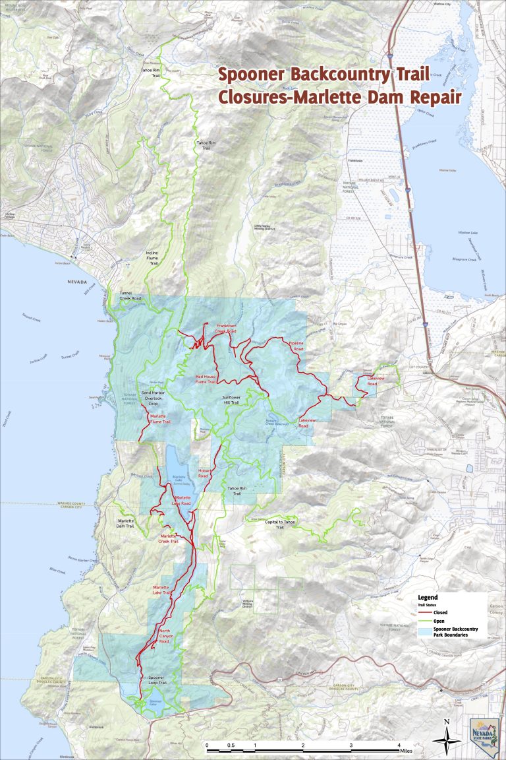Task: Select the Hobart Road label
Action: pyautogui.click(x=204, y=473)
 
